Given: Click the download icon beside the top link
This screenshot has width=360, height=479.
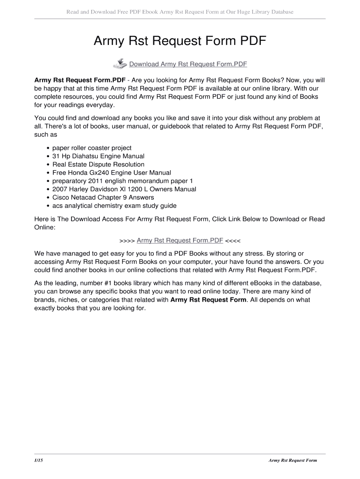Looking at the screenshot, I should [120, 64].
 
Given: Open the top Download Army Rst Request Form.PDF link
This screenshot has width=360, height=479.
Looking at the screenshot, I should [188, 64].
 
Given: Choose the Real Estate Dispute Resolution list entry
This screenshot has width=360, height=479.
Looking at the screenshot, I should [95, 165].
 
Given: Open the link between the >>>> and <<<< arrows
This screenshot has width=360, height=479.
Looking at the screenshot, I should [180, 240].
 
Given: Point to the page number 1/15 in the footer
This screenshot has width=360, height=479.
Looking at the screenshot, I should [39, 460].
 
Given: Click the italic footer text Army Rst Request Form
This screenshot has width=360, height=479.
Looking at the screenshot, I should [293, 460].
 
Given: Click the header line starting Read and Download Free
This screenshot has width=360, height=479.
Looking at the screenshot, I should [180, 12].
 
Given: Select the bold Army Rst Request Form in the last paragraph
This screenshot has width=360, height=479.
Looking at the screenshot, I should [209, 300].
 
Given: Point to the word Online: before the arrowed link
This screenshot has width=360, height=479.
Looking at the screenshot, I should [45, 227].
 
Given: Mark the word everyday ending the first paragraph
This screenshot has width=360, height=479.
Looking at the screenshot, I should [100, 105].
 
